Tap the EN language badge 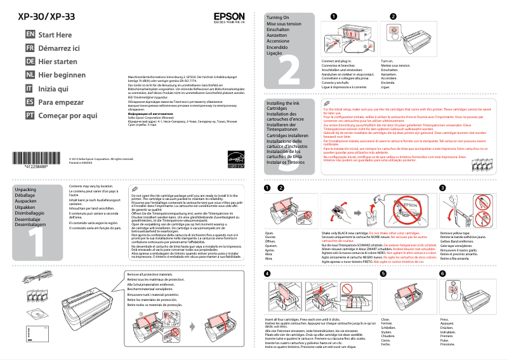pos(29,34)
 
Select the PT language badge pos(29,115)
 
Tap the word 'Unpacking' pos(25,190)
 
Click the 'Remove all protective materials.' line pos(155,274)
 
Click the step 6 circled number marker pos(442,273)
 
